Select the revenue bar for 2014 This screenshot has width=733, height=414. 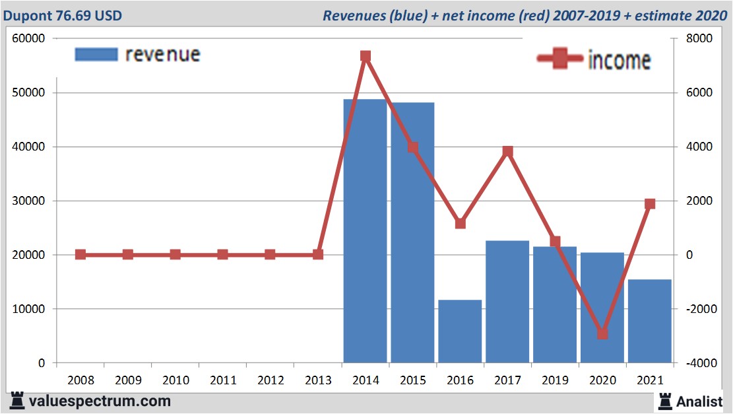pyautogui.click(x=365, y=231)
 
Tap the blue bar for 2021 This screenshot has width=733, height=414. pyautogui.click(x=649, y=321)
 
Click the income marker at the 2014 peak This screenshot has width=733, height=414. pyautogui.click(x=366, y=56)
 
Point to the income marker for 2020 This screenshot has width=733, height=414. pyautogui.click(x=602, y=333)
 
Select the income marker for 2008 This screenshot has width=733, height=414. pyautogui.click(x=80, y=254)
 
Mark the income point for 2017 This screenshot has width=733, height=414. pyautogui.click(x=507, y=151)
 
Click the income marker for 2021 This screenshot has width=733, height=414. pyautogui.click(x=650, y=204)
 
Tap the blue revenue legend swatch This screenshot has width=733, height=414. pyautogui.click(x=96, y=54)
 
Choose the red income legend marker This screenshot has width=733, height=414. pyautogui.click(x=560, y=59)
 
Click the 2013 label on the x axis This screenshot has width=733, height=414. pyautogui.click(x=318, y=380)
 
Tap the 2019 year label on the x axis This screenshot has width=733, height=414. pyautogui.click(x=555, y=380)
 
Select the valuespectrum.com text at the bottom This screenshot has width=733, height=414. pyautogui.click(x=99, y=401)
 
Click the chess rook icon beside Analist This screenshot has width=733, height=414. pyautogui.click(x=664, y=400)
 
